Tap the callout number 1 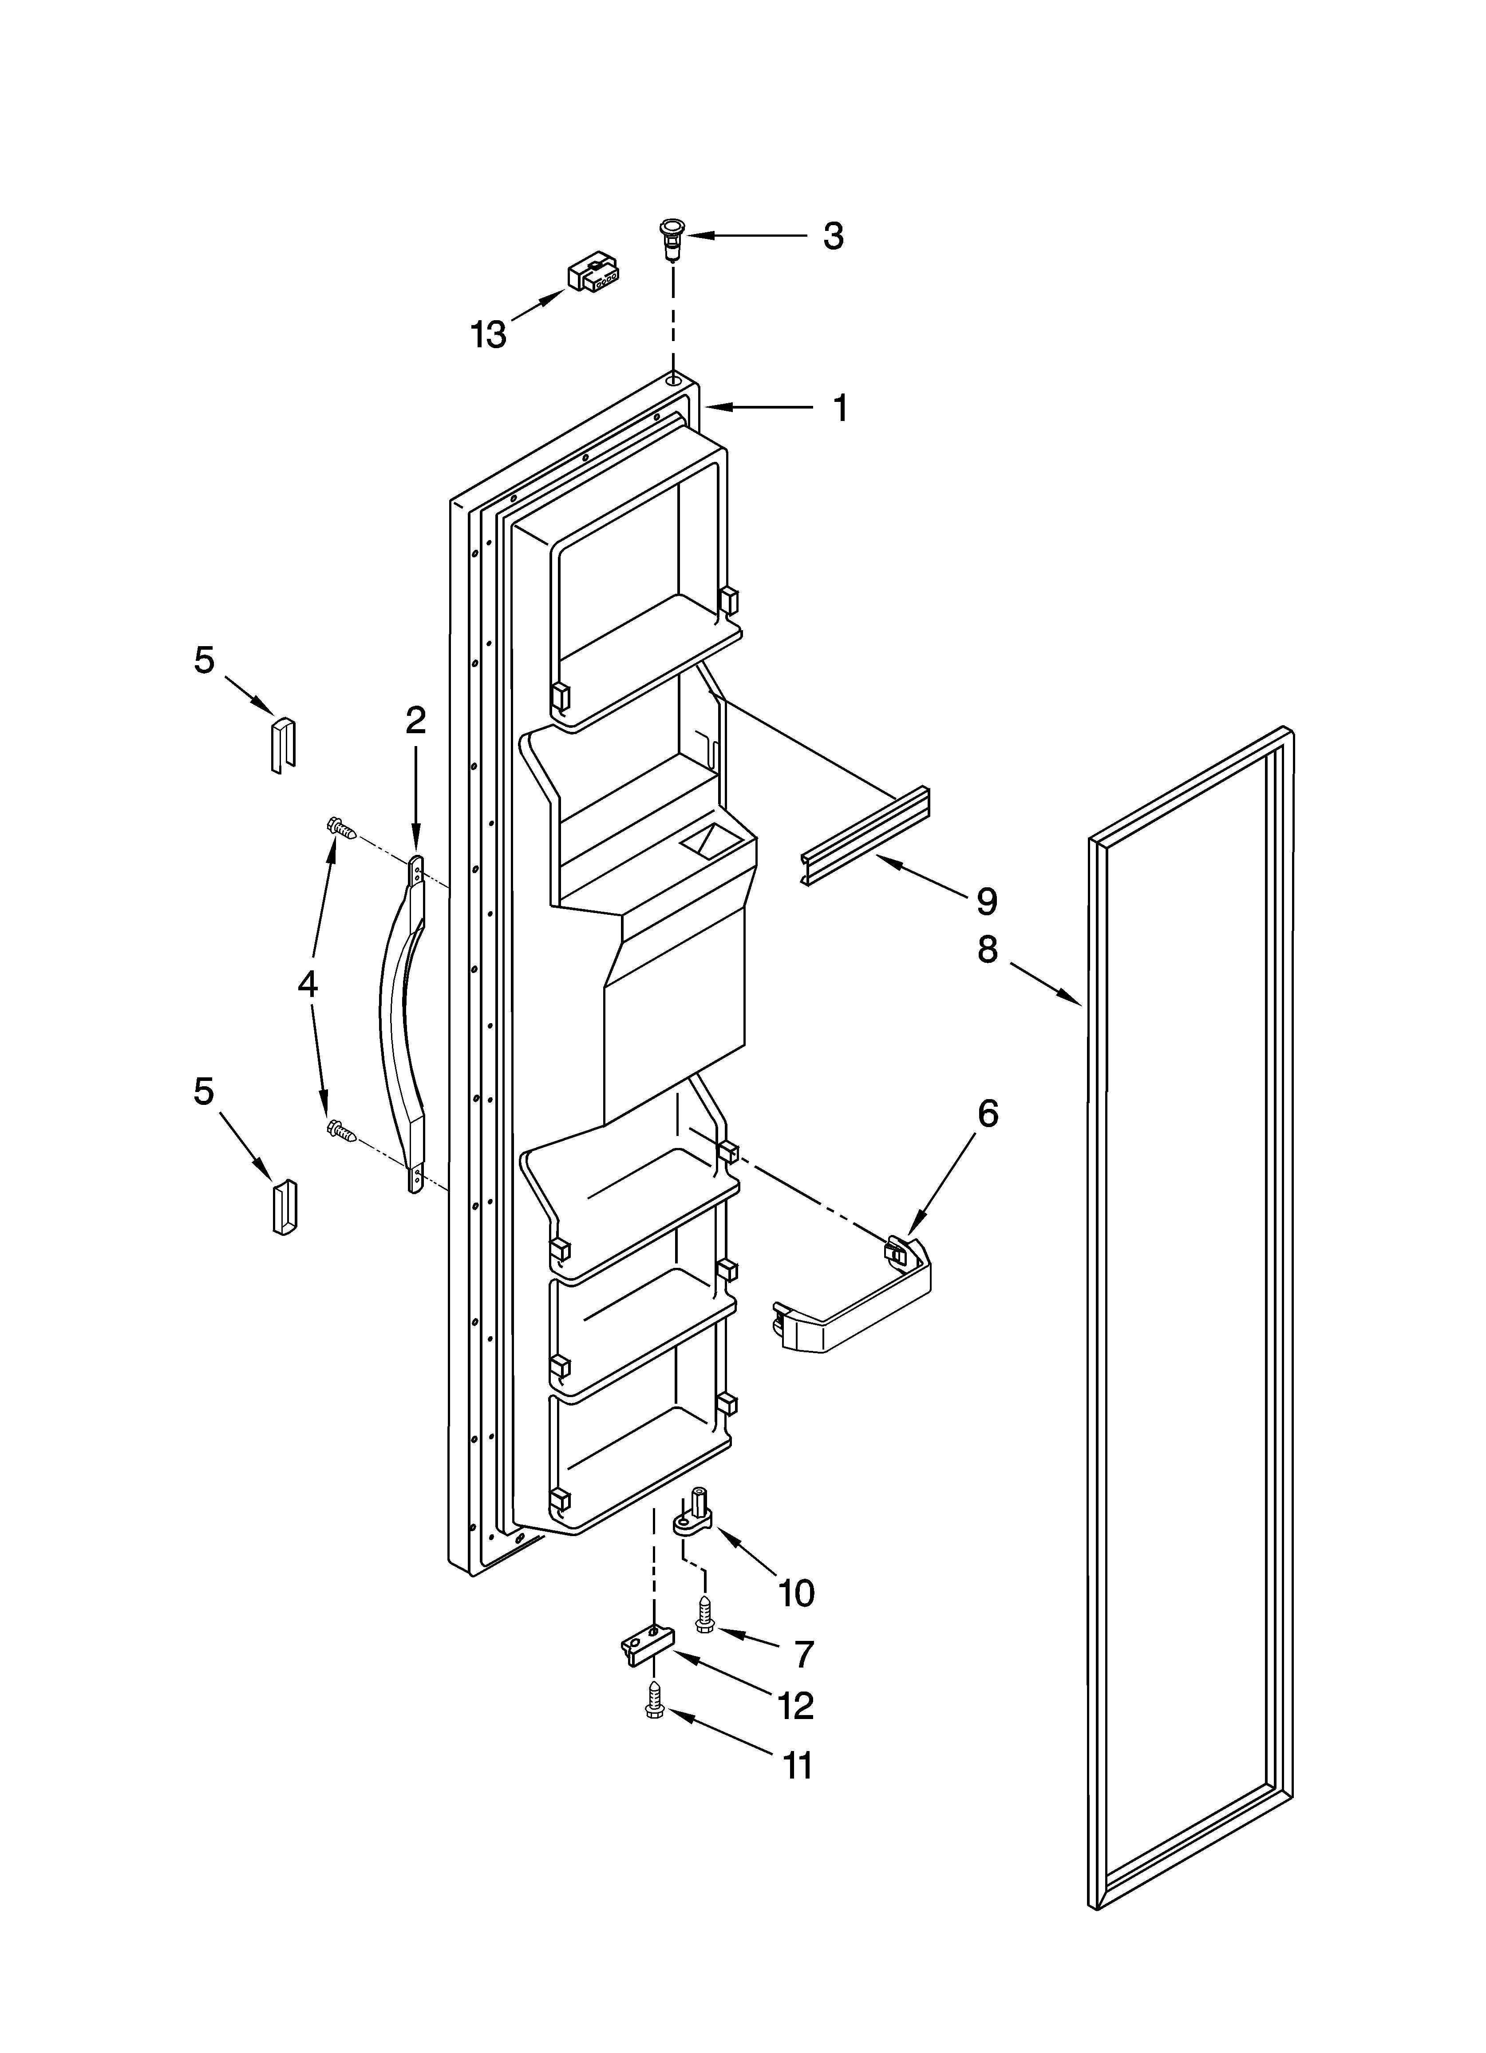841,408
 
